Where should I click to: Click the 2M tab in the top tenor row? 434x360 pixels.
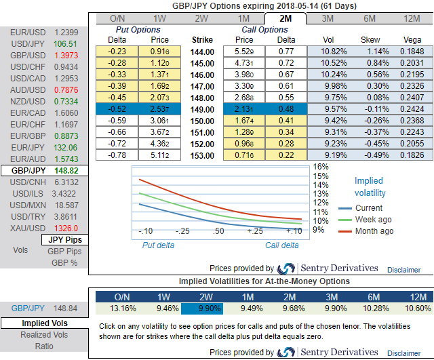(286, 18)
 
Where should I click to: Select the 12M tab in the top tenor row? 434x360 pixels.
(412, 18)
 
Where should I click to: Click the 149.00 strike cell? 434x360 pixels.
(203, 109)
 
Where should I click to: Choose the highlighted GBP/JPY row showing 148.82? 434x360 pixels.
(43, 172)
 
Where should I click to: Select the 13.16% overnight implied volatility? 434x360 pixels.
(121, 308)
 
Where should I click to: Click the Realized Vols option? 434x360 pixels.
(43, 334)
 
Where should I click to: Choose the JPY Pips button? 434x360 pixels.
(66, 239)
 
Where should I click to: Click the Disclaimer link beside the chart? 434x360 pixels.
(404, 269)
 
